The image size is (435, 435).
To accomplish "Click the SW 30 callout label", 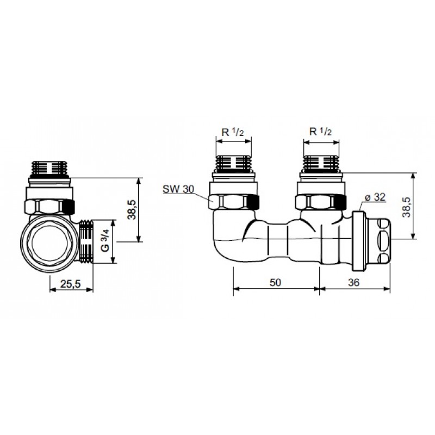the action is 178,189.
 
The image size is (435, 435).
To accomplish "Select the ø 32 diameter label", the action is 375,197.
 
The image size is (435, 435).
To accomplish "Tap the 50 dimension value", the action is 275,282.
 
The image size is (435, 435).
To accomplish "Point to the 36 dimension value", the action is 354,282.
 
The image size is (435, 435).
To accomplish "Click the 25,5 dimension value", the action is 71,284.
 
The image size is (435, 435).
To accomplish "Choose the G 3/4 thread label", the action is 105,241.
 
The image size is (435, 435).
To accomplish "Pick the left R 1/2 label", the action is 233,132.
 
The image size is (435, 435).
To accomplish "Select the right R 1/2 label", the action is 320,132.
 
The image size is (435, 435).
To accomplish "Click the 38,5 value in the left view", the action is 132,210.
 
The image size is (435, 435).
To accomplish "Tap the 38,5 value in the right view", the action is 407,207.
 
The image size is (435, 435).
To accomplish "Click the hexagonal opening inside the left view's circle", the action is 49,244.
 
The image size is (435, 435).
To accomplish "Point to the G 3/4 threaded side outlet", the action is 86,241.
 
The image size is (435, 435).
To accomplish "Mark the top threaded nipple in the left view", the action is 49,169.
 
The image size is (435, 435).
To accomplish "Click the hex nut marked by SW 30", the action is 234,202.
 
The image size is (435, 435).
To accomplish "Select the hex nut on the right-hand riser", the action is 321,202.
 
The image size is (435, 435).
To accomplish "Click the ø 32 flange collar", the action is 359,241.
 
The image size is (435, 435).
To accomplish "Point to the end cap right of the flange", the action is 378,241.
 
